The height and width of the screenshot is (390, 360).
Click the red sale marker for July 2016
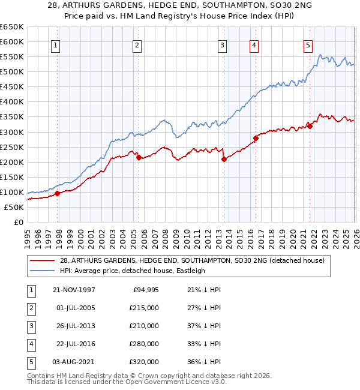point(256,138)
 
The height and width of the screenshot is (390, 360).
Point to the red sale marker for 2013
point(224,159)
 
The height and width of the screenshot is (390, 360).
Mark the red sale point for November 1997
point(58,194)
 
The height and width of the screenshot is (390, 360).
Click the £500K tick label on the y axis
point(11,71)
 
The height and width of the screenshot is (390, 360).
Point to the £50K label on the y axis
point(14,207)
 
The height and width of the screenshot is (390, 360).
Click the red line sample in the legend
point(42,260)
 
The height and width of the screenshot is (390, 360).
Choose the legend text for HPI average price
point(132,271)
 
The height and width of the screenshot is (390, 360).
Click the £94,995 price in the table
point(146,289)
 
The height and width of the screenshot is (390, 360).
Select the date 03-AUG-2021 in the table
point(74,362)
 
